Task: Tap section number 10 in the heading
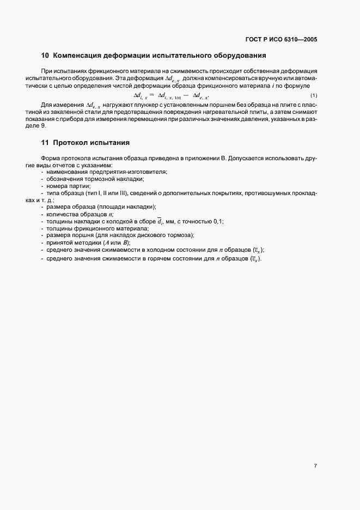click(x=45, y=56)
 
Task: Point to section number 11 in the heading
click(x=45, y=143)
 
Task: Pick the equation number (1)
click(x=314, y=95)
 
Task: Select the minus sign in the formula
click(x=187, y=95)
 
